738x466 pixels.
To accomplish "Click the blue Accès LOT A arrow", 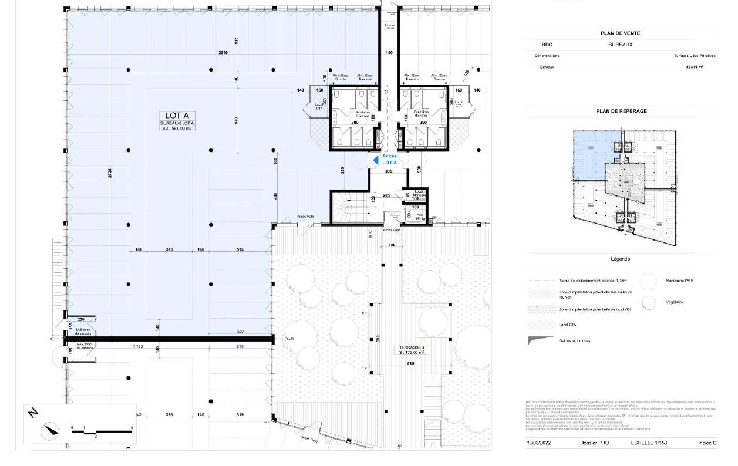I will pos(373,159).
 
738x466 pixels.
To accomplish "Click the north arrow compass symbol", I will pos(50,431).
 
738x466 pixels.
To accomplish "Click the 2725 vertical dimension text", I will pos(110,173).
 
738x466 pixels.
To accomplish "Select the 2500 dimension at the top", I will pos(224,53).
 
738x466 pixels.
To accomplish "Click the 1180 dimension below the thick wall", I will pos(138,347).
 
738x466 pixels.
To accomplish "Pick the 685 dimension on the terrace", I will pos(410,364).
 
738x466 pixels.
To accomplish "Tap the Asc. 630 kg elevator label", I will pos(419,216).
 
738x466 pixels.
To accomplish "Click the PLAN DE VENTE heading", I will pos(620,33).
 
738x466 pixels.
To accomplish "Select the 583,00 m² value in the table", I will pos(694,67).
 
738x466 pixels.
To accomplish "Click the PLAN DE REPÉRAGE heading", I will pos(621,111).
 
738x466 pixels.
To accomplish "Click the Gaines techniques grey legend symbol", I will pos(540,340).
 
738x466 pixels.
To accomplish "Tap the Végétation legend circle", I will pos(648,303).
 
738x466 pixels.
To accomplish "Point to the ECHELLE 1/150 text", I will pos(649,443).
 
